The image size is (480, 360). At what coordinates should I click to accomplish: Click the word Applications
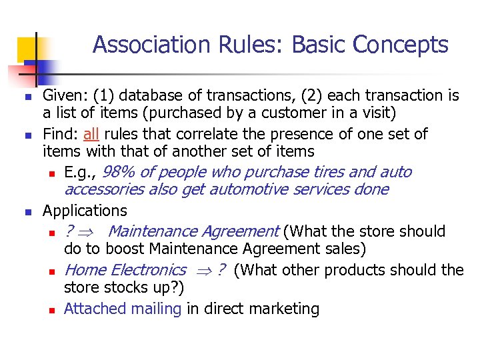click(x=85, y=211)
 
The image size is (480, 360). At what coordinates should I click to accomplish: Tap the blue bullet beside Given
click(x=28, y=97)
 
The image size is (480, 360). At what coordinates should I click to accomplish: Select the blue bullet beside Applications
click(x=28, y=213)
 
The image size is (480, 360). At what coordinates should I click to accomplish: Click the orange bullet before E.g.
click(x=51, y=174)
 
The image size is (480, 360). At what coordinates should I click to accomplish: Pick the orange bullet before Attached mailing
click(x=51, y=311)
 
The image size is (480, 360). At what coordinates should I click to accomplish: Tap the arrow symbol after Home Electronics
click(x=202, y=271)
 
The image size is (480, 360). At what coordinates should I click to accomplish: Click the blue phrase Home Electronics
click(x=125, y=270)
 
